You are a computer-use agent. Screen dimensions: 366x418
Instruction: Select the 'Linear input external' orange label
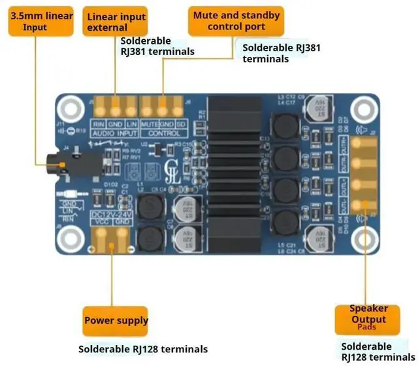pyautogui.click(x=116, y=22)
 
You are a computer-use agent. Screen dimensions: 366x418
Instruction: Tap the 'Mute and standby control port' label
pyautogui.click(x=236, y=21)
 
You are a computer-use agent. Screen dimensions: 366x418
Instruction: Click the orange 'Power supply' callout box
pyautogui.click(x=116, y=320)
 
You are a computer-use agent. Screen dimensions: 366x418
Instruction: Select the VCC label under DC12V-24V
pyautogui.click(x=101, y=222)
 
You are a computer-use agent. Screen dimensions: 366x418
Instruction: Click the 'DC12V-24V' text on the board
pyautogui.click(x=112, y=212)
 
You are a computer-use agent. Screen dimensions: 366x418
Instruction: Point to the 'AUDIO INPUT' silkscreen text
pyautogui.click(x=114, y=133)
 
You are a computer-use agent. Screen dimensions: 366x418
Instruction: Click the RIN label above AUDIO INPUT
pyautogui.click(x=98, y=124)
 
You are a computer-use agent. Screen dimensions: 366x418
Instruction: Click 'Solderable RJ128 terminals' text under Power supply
pyautogui.click(x=143, y=349)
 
